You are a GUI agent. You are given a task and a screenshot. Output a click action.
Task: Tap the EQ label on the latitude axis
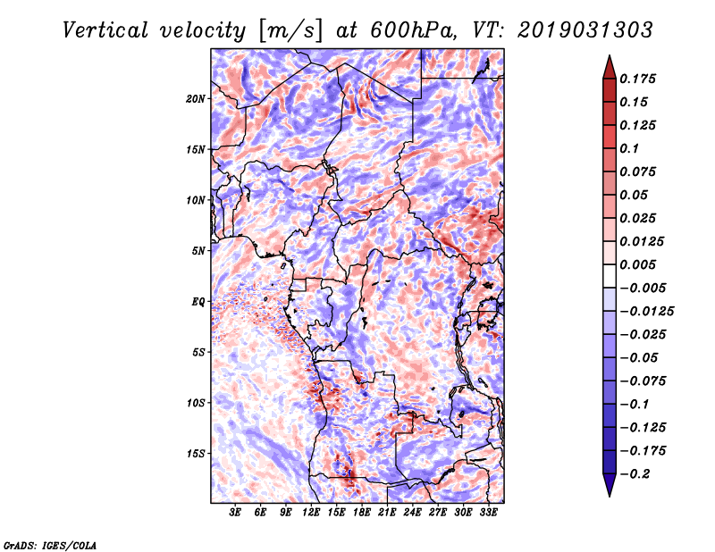(x=198, y=302)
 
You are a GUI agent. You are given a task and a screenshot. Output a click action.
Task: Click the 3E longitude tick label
(x=236, y=514)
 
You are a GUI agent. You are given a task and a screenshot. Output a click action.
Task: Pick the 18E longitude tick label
(x=362, y=514)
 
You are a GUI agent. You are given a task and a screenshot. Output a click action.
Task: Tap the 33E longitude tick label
(x=488, y=514)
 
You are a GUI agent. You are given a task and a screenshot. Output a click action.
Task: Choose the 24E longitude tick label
(x=412, y=514)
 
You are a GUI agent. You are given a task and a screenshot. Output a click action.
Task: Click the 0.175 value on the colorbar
(x=641, y=79)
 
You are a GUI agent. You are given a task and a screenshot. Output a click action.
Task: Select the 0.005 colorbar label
(x=641, y=264)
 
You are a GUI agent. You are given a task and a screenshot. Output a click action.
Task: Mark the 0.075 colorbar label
(x=641, y=171)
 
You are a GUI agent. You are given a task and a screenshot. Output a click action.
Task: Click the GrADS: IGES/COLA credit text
(x=50, y=544)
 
